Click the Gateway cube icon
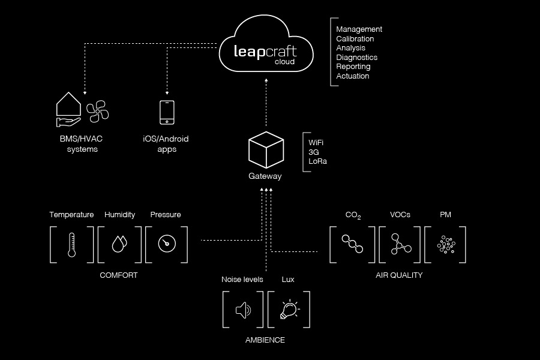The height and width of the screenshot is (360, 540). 266,150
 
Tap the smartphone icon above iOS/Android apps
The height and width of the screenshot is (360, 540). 167,113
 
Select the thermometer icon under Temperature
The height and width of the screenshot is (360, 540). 71,245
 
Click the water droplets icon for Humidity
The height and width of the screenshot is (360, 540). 119,244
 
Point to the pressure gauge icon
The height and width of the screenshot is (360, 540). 166,244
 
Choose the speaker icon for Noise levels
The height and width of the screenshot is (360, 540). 243,310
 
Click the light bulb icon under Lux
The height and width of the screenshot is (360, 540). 289,310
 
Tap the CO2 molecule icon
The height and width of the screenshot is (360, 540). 352,244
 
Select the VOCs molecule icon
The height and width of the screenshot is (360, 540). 399,244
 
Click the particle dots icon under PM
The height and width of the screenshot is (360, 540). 445,244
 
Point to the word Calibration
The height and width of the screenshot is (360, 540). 355,38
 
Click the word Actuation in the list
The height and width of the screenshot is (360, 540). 353,76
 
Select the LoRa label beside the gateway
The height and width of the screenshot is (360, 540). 317,161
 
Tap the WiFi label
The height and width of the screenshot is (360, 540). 316,143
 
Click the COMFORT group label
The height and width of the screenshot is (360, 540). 119,275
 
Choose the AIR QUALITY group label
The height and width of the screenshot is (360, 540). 399,275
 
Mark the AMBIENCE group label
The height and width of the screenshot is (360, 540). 265,340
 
